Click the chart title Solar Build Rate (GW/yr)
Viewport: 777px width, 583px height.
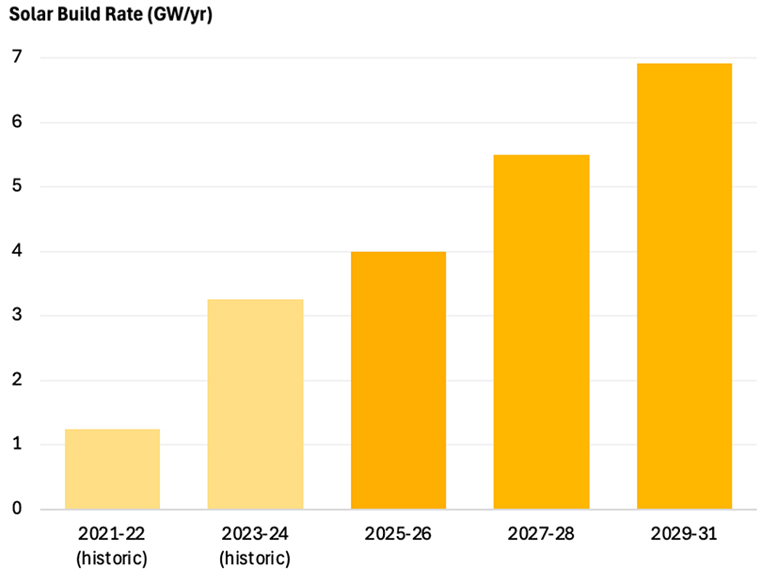[x=111, y=16]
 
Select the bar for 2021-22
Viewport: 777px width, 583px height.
[x=112, y=468]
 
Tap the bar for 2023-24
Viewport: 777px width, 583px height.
[x=255, y=403]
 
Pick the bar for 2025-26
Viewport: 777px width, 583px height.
[x=398, y=380]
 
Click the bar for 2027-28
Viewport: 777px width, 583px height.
[x=541, y=331]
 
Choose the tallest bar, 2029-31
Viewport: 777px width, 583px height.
[x=684, y=286]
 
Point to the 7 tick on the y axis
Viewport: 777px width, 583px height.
[x=17, y=57]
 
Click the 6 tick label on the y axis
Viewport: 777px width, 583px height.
[x=17, y=122]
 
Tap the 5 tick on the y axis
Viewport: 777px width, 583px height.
[x=17, y=186]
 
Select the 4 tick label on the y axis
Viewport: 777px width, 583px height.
[x=17, y=251]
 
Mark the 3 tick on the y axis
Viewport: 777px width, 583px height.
[x=17, y=316]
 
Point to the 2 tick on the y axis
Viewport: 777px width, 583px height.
[x=17, y=380]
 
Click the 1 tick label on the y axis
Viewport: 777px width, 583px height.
[x=17, y=445]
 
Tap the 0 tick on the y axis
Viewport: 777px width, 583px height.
[x=17, y=509]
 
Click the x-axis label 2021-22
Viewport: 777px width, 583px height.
[x=112, y=534]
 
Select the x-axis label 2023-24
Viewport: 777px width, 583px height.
[x=255, y=534]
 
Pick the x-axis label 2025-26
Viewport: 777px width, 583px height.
[x=398, y=534]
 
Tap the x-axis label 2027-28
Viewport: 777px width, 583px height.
[x=541, y=534]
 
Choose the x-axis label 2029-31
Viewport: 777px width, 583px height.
[x=684, y=534]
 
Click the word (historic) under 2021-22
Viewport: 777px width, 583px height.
[x=112, y=559]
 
